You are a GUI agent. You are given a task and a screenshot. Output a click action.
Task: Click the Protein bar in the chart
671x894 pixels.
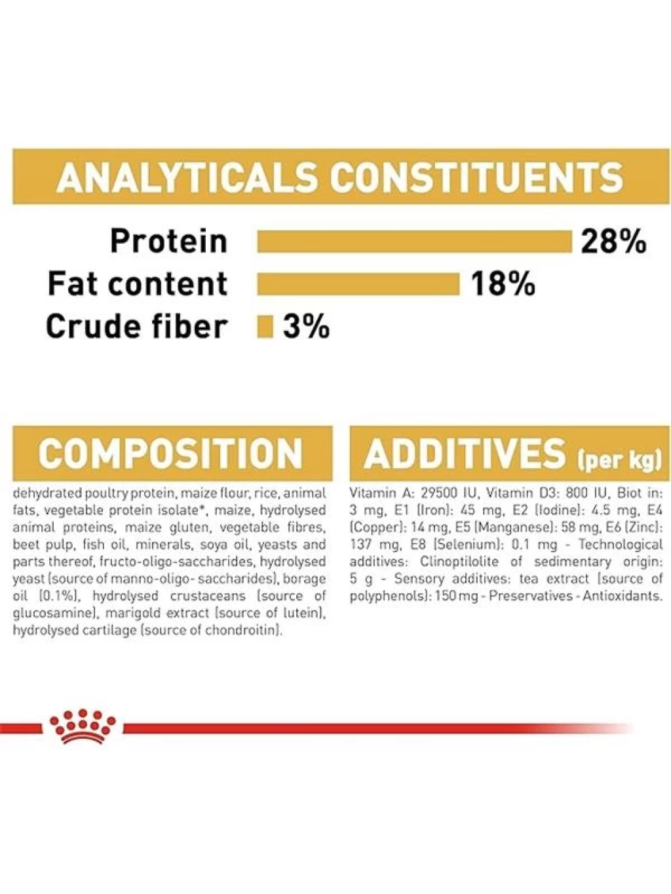coord(414,241)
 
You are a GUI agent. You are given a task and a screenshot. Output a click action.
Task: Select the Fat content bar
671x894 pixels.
coord(358,284)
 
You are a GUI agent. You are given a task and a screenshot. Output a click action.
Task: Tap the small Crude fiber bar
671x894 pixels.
coord(265,327)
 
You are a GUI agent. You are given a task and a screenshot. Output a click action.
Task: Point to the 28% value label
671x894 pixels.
coord(613,241)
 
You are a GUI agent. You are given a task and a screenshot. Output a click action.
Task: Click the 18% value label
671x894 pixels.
coord(503,284)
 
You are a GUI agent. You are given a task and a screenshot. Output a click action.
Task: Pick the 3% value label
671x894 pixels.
coord(306,327)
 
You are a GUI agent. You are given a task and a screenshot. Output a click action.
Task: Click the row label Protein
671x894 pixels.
coord(168,241)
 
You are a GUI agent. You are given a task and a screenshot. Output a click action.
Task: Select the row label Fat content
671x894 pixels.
coord(138,284)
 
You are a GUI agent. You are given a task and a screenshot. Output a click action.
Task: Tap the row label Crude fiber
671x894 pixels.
coord(135,327)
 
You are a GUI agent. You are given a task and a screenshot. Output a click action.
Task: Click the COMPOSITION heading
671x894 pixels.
coord(171,454)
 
